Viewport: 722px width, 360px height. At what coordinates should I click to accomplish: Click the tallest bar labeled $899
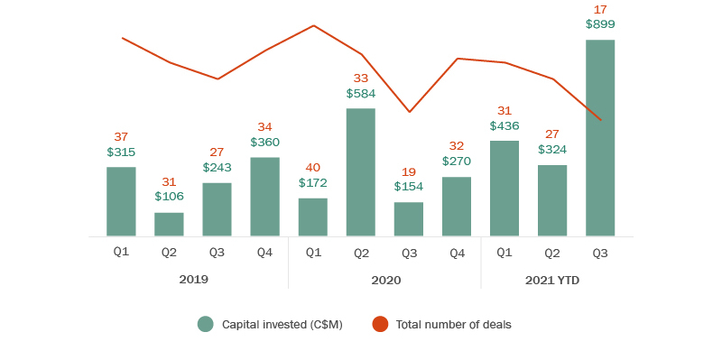[x=600, y=138]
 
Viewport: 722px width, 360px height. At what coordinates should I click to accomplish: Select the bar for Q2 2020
[x=361, y=172]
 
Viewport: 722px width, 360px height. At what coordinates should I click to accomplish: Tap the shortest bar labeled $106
[x=169, y=225]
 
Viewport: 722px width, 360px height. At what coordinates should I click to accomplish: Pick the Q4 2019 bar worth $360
[x=264, y=197]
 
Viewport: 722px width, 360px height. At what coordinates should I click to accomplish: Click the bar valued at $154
[x=409, y=219]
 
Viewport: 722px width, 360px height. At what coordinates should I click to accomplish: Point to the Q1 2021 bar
[x=504, y=189]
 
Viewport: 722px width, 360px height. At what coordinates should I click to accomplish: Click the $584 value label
[x=361, y=93]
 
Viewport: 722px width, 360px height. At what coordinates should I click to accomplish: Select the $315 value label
[x=121, y=152]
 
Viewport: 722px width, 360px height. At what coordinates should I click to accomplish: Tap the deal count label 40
[x=312, y=167]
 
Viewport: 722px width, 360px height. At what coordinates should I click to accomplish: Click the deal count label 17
[x=600, y=9]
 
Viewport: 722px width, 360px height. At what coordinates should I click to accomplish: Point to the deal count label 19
[x=409, y=171]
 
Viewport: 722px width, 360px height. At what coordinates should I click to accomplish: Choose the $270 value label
[x=457, y=161]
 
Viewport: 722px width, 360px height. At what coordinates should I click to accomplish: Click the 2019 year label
[x=193, y=280]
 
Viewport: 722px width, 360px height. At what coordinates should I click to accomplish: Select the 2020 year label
[x=385, y=280]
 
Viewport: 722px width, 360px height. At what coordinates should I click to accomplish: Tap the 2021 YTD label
[x=552, y=280]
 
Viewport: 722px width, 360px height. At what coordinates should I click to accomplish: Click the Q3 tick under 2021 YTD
[x=600, y=253]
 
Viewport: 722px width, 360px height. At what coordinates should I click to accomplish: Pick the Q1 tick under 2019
[x=121, y=252]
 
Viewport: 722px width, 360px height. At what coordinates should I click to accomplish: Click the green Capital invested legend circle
[x=206, y=324]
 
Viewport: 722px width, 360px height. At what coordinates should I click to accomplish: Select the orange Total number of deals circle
[x=380, y=324]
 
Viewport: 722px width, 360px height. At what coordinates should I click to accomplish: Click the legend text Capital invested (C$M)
[x=282, y=324]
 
